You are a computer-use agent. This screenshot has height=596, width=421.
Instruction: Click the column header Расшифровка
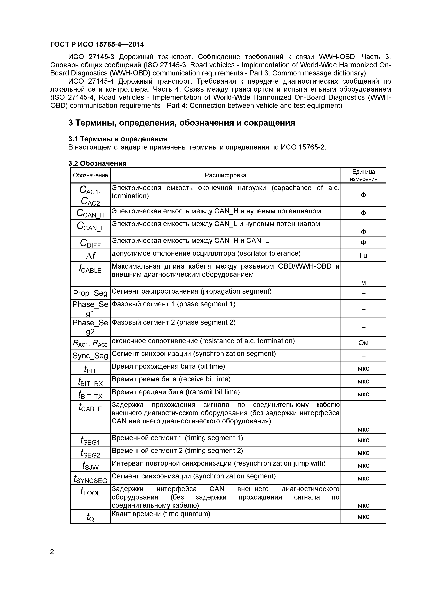click(225, 175)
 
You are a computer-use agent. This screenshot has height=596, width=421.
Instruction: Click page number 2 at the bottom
click(52, 552)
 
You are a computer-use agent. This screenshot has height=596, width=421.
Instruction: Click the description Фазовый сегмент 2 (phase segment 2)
click(173, 322)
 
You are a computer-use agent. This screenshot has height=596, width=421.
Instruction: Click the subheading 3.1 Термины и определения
click(117, 139)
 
